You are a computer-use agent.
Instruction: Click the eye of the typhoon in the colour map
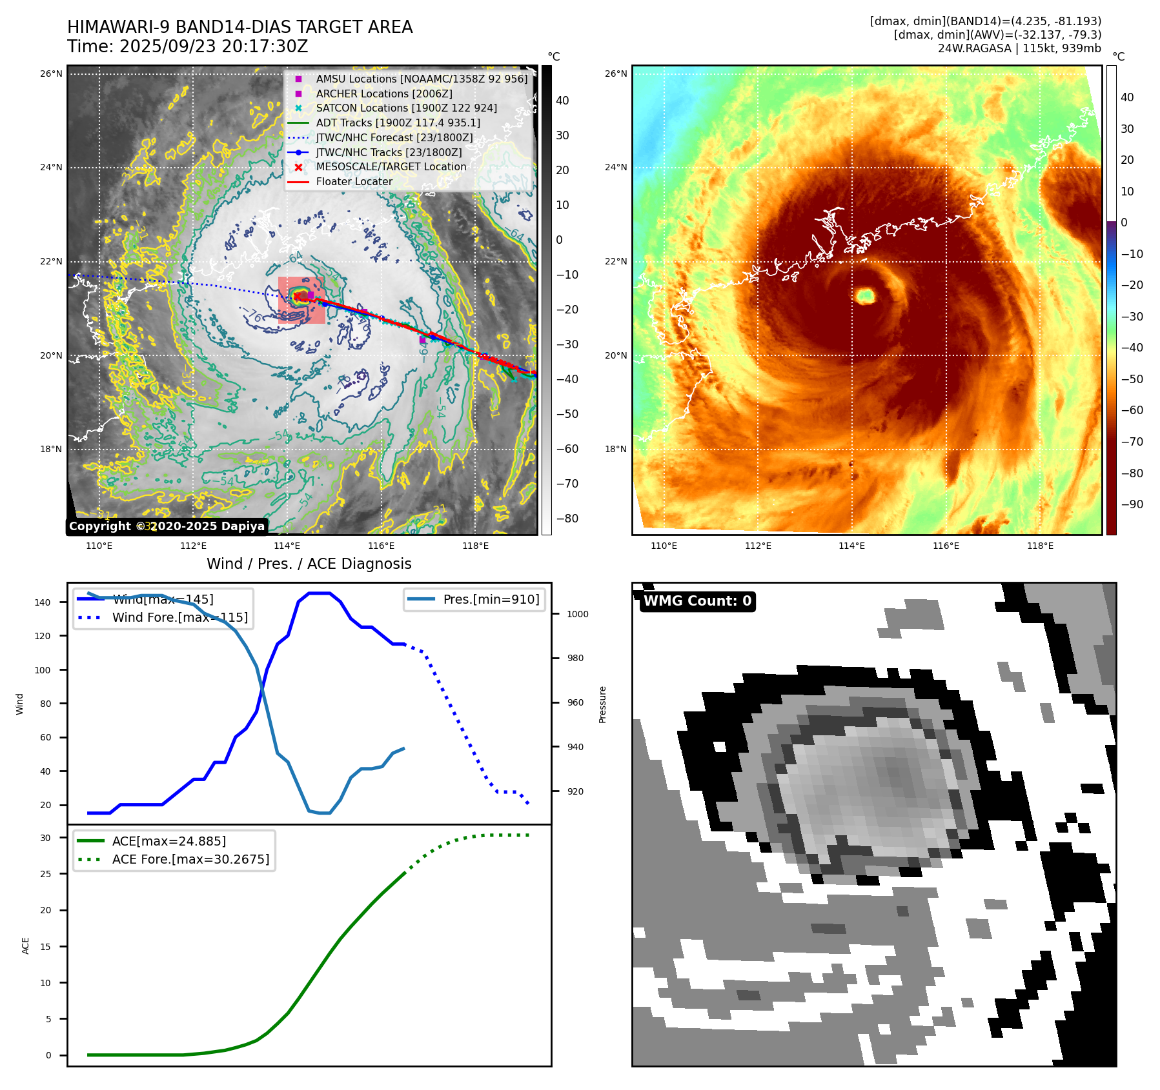pos(865,296)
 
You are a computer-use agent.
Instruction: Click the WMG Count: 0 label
pos(697,601)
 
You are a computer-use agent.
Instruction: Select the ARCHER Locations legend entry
pos(383,94)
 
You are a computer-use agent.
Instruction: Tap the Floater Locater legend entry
pos(354,182)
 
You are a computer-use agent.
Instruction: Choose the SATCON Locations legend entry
pos(406,108)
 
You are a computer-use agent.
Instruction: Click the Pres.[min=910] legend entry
pos(491,599)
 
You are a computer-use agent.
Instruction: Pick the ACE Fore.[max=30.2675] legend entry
pos(190,859)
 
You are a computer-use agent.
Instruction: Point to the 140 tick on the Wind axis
pos(43,602)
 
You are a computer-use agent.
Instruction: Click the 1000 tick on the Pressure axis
pos(577,614)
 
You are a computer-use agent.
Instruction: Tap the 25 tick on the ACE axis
pos(45,874)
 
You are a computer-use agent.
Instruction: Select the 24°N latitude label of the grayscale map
pos(51,168)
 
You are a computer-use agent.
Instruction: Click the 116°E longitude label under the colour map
pos(946,546)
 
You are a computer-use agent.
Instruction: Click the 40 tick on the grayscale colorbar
pos(562,101)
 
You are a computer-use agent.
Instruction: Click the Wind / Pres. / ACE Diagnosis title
pos(309,564)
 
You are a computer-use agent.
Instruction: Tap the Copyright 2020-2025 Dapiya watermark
pos(167,526)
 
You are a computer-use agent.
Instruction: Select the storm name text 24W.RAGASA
pos(974,48)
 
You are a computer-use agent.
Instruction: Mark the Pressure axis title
pos(602,704)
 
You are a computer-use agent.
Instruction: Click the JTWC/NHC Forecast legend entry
pos(394,137)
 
